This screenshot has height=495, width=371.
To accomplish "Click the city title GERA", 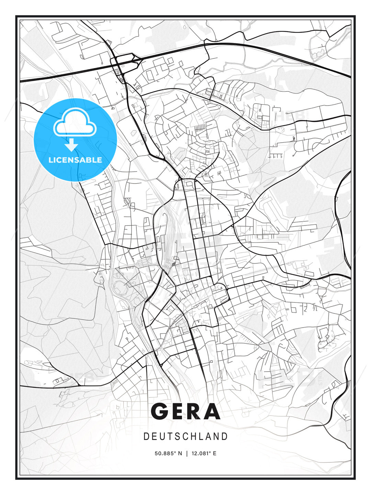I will pos(185,411).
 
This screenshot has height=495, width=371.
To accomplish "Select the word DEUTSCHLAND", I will pos(185,437).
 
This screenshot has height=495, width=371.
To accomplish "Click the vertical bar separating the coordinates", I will pos(187,453).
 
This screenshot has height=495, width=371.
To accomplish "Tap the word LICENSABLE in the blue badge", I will pos(75,160).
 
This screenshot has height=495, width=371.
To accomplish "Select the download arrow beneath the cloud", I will pos(71,145).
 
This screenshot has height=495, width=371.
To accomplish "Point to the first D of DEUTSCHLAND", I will pos(146,437).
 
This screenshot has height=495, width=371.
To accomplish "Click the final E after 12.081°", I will pos(215,453).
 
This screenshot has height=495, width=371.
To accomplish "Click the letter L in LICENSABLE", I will pos(50,160).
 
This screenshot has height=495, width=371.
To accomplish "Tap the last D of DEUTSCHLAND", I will pos(225,437).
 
